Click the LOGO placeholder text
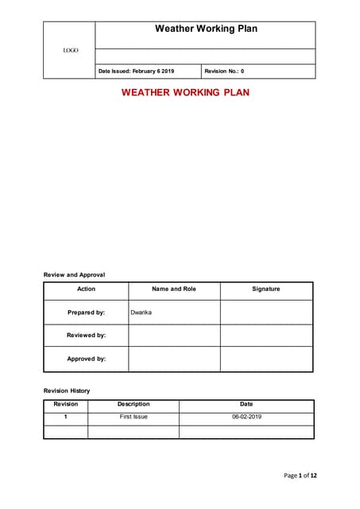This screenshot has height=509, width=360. pyautogui.click(x=70, y=51)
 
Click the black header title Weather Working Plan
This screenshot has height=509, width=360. pyautogui.click(x=205, y=29)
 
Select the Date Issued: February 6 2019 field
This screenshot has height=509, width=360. pyautogui.click(x=136, y=72)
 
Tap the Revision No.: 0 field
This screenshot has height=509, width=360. pyautogui.click(x=224, y=72)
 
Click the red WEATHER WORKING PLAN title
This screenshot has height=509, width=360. pyautogui.click(x=185, y=92)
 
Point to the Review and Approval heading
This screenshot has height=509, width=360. pyautogui.click(x=74, y=274)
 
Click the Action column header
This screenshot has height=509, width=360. pyautogui.click(x=86, y=289)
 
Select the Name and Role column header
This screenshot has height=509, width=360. pyautogui.click(x=173, y=289)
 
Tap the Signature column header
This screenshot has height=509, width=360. pyautogui.click(x=265, y=289)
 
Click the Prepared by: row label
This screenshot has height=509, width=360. pyautogui.click(x=86, y=313)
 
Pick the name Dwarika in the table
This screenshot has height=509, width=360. pyautogui.click(x=141, y=313)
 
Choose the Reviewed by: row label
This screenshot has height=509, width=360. pyautogui.click(x=86, y=336)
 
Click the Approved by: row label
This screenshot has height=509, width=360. pyautogui.click(x=86, y=359)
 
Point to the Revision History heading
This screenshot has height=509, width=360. pyautogui.click(x=67, y=390)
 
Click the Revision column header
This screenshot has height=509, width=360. pyautogui.click(x=65, y=404)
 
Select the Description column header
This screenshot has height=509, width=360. pyautogui.click(x=133, y=404)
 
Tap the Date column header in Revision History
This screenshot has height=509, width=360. pyautogui.click(x=246, y=404)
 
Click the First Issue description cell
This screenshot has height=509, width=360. pyautogui.click(x=134, y=417)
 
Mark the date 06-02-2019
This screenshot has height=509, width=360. pyautogui.click(x=246, y=417)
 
